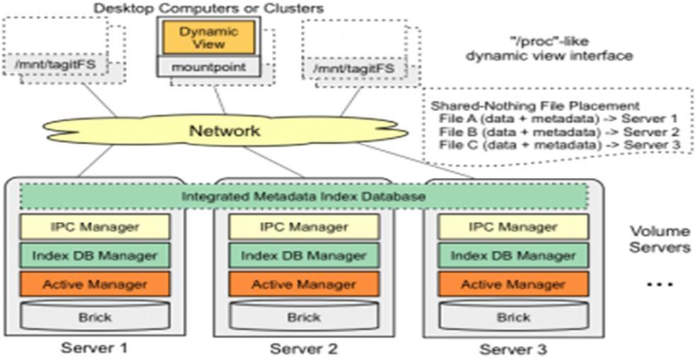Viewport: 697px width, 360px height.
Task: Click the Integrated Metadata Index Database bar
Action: [x=304, y=196]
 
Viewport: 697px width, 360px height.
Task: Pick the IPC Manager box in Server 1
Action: [x=94, y=227]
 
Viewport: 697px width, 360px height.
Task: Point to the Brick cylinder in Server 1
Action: [x=94, y=316]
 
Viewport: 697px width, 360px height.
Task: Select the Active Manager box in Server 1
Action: [x=94, y=284]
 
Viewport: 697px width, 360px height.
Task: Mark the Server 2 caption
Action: [x=303, y=349]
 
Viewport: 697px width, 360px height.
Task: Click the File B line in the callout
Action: [x=559, y=132]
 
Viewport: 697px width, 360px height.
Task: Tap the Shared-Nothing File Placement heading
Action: [x=535, y=106]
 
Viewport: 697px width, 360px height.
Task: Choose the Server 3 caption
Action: [x=513, y=349]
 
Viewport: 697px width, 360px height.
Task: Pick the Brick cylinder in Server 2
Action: [x=303, y=316]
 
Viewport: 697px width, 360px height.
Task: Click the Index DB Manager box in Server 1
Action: [x=94, y=256]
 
